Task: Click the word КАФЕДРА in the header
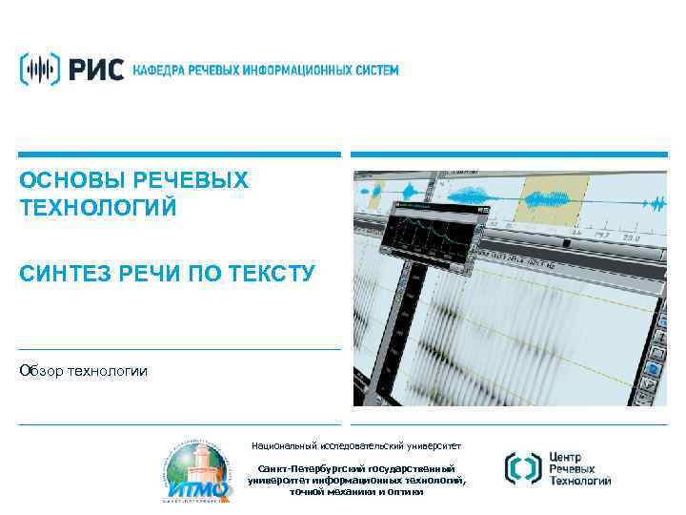pyautogui.click(x=157, y=71)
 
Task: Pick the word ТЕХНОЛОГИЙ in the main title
pyautogui.click(x=99, y=207)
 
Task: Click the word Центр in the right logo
pyautogui.click(x=570, y=457)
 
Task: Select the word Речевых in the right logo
pyautogui.click(x=575, y=470)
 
